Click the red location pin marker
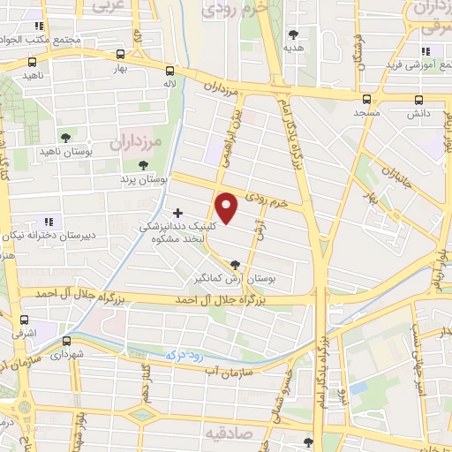tap(228, 207)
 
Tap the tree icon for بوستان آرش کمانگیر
tap(235, 263)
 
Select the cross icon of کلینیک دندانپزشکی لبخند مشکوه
tap(178, 213)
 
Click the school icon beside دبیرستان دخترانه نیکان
tap(48, 220)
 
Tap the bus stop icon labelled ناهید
tap(34, 63)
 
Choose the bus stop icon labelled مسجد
tap(365, 99)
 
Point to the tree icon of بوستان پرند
tap(144, 165)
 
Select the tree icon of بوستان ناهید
tap(64, 137)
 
